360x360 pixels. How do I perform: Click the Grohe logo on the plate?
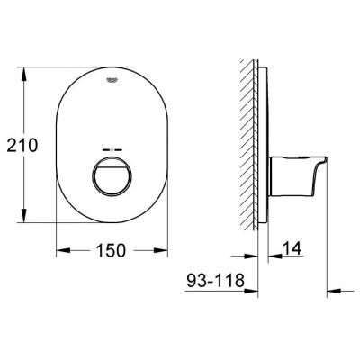(x=113, y=81)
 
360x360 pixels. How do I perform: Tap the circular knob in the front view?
(x=113, y=172)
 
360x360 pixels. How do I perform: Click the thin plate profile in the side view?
(x=264, y=144)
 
